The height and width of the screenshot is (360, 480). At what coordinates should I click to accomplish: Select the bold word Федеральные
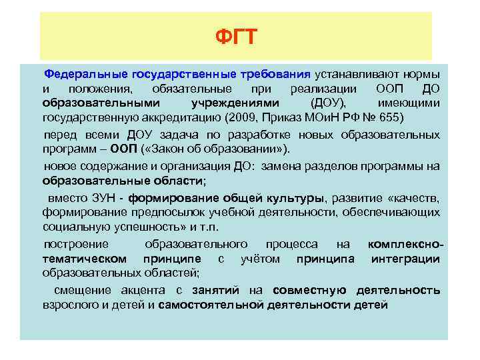tap(85, 73)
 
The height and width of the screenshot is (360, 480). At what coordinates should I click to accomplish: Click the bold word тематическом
tap(84, 259)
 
